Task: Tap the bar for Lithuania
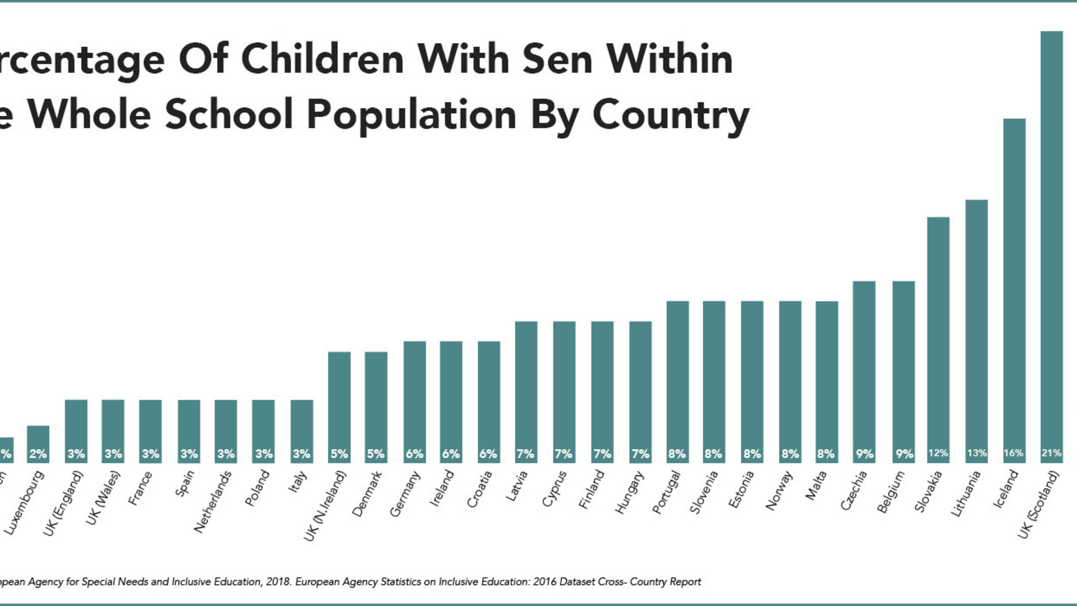click(x=976, y=331)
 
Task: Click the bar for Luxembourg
click(x=38, y=444)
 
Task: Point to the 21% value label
click(x=1051, y=453)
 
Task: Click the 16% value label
click(x=1014, y=453)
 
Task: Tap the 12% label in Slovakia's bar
click(x=938, y=453)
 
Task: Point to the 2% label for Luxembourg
click(x=38, y=453)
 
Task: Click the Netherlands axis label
click(x=213, y=502)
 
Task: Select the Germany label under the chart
click(x=405, y=494)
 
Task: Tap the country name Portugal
click(x=666, y=492)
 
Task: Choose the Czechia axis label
click(x=854, y=490)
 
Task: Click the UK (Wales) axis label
click(x=103, y=498)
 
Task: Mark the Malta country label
click(x=815, y=486)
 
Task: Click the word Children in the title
click(x=322, y=59)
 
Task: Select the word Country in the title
click(x=671, y=114)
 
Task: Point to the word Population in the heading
click(x=411, y=114)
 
